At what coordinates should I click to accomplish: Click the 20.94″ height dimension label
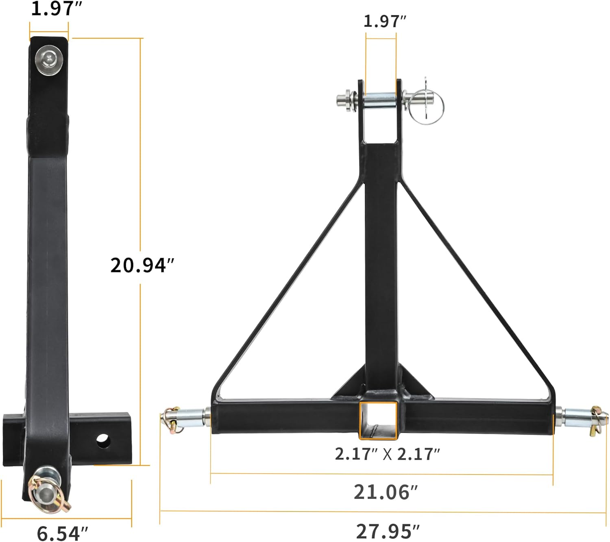pos(142,266)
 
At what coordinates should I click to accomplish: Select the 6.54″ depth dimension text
pos(62,533)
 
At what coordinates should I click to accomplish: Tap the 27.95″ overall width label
pos(388,531)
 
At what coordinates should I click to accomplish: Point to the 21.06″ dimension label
pos(386,492)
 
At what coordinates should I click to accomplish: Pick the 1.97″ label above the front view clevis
pos(385,22)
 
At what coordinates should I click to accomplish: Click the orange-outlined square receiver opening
pos(378,420)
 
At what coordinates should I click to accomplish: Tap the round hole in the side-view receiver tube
pos(104,441)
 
